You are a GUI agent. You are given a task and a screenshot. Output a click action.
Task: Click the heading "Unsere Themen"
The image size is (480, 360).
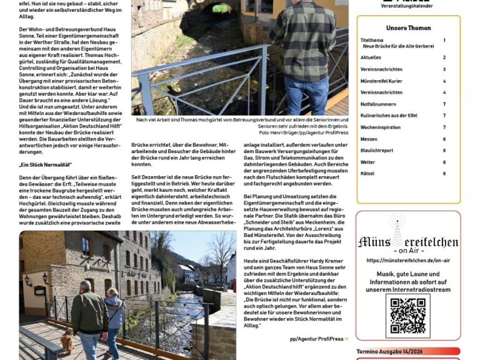pyautogui.click(x=407, y=28)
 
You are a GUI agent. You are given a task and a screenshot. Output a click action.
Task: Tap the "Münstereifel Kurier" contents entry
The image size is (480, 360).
pyautogui.click(x=381, y=81)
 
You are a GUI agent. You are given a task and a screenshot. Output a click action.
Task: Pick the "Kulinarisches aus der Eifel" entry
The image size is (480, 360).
pyautogui.click(x=389, y=116)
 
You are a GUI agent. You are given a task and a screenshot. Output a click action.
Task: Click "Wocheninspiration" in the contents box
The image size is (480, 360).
pyautogui.click(x=380, y=127)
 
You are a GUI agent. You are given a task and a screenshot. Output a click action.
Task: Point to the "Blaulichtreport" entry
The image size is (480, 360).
pyautogui.click(x=377, y=150)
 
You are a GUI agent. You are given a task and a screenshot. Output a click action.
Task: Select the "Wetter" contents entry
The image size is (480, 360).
pyautogui.click(x=368, y=162)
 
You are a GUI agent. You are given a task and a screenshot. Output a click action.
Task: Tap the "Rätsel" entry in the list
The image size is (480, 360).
pyautogui.click(x=367, y=173)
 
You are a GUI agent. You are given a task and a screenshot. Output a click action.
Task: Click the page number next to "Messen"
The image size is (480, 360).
pyautogui.click(x=444, y=139)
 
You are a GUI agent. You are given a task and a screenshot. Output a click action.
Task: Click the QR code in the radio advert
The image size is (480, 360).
pyautogui.click(x=407, y=316)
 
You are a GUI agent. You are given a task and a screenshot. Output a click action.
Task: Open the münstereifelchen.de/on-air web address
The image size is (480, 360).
pyautogui.click(x=407, y=260)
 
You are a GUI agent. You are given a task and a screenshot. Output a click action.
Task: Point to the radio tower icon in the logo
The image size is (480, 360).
pyautogui.click(x=398, y=228)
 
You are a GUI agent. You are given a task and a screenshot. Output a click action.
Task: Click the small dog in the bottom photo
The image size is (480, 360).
pyautogui.click(x=67, y=341)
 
